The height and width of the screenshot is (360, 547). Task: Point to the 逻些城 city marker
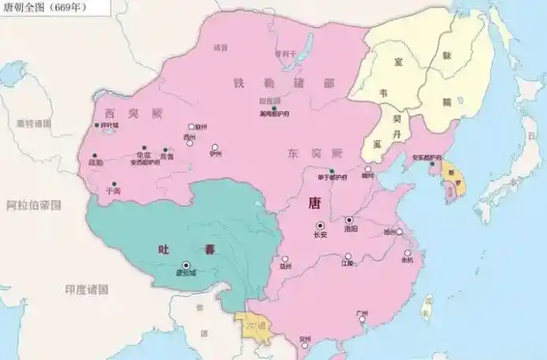tap(186, 264)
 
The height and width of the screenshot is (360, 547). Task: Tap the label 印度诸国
tap(86, 290)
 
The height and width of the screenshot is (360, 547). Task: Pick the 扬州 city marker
tap(399, 232)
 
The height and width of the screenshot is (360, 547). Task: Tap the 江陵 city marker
tap(348, 256)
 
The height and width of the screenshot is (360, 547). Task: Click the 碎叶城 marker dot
tap(96, 125)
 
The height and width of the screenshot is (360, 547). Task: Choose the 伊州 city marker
tap(214, 147)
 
